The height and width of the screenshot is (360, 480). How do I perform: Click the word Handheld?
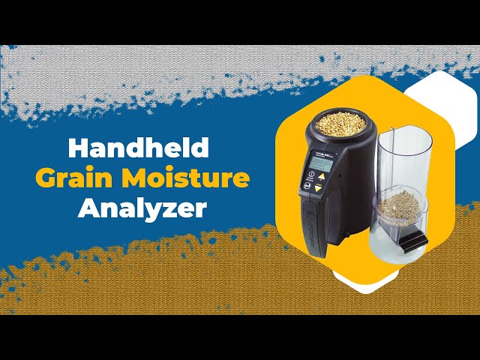point(139,148)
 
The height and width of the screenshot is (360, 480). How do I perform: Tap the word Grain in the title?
point(67,178)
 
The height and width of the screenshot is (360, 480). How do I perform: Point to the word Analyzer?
point(142,208)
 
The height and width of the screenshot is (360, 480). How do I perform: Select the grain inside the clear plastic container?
point(398,205)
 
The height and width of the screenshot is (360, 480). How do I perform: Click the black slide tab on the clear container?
point(411,241)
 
